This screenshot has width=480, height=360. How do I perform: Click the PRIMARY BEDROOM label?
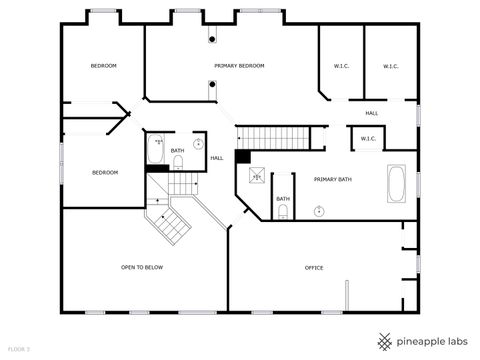click(x=239, y=66)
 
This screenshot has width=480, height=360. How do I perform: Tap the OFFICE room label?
click(x=314, y=267)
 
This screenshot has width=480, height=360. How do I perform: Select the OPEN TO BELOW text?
click(x=142, y=267)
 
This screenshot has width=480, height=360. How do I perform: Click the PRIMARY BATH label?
click(x=333, y=179)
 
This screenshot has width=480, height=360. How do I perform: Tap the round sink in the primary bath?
click(x=319, y=210)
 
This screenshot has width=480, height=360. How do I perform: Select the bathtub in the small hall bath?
click(x=157, y=150)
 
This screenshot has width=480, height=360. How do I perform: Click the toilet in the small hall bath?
click(x=178, y=161)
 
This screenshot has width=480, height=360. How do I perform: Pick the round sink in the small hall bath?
click(x=197, y=144)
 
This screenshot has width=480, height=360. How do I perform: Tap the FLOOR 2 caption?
click(x=19, y=348)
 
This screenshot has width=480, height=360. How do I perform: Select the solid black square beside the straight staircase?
click(x=242, y=156)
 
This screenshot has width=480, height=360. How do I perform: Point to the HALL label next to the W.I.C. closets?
click(x=371, y=113)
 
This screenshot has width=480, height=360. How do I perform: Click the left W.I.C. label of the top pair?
click(x=340, y=66)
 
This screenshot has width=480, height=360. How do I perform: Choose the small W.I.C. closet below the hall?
click(x=367, y=138)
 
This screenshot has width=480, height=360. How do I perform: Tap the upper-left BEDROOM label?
click(x=104, y=66)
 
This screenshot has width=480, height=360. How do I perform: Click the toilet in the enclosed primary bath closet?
click(x=283, y=210)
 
